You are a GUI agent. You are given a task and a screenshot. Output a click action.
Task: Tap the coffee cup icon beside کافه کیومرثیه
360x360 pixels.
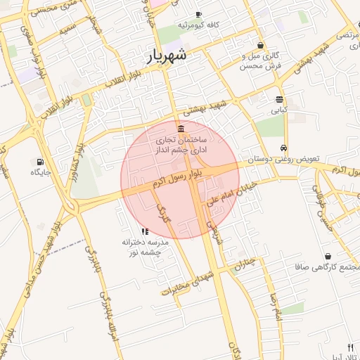pos(198,15)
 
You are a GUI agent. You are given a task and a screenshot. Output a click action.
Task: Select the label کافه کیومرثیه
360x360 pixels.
pos(199,25)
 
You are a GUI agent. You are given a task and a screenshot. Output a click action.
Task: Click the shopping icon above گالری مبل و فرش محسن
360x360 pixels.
pos(261,45)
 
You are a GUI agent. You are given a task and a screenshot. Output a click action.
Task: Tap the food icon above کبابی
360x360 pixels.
pos(280,99)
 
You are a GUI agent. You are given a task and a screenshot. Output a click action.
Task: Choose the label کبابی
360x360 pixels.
pos(280,110)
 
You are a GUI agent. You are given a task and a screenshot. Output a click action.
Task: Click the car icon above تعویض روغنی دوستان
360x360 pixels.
pos(283,148)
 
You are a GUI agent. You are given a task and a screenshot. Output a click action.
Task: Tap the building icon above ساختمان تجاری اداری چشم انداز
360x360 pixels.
pos(182,129)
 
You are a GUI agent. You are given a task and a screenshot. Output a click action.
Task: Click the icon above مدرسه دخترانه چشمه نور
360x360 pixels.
pos(144,231)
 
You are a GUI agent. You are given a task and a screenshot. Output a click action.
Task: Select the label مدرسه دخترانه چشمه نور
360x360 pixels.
pos(141,247)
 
